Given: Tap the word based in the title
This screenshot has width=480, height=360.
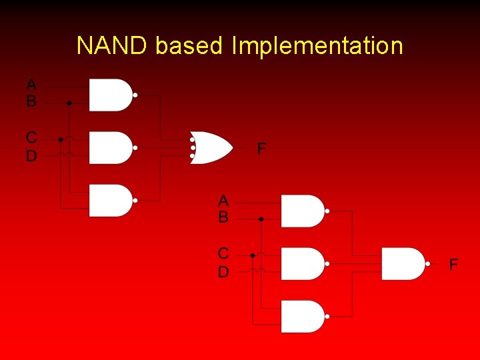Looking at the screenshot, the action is [189, 46].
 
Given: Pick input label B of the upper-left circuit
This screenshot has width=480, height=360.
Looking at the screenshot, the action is [31, 102].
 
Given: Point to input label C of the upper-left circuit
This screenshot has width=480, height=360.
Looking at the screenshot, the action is [31, 138].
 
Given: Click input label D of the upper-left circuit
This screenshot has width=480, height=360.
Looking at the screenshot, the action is [31, 156].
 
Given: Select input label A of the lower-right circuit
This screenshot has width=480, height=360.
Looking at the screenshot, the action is [223, 200].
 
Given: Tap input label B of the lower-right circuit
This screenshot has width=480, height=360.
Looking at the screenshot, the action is [223, 217].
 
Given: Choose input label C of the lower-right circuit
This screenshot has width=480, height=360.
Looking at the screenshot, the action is [223, 254].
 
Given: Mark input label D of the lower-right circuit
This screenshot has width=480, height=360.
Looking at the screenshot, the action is [223, 271].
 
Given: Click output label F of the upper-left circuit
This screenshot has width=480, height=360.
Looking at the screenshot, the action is [262, 148].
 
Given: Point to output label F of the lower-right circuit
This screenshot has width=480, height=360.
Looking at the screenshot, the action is [453, 265].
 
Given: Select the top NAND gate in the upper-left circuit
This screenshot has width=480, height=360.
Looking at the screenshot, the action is [111, 95].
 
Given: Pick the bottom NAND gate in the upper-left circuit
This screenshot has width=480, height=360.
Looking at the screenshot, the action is [111, 200].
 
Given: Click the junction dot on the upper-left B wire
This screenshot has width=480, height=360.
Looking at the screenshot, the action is [69, 103].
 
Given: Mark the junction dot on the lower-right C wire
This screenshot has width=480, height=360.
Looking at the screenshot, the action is [253, 255].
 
